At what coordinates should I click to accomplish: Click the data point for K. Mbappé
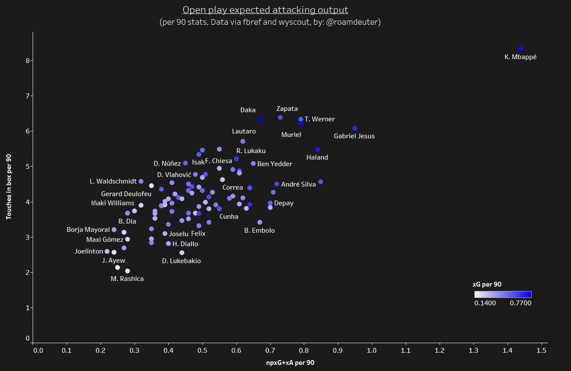point(521,49)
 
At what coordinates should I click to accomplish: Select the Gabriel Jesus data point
point(354,128)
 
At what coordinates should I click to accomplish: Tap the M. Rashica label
point(127,279)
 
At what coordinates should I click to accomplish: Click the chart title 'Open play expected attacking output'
point(266,10)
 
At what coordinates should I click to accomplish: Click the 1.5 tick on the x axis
point(541,351)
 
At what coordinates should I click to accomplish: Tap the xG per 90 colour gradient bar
point(503,294)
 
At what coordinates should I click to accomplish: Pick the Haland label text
point(317,157)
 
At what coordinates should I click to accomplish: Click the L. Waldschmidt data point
point(141,181)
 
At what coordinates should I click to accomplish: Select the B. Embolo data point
point(260,222)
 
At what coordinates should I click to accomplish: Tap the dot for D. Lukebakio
point(182,253)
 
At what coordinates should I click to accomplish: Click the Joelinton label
point(89,251)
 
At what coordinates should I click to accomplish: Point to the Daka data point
point(260,119)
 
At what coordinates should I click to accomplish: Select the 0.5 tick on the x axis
point(202,351)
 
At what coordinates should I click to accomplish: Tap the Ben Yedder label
point(275,164)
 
